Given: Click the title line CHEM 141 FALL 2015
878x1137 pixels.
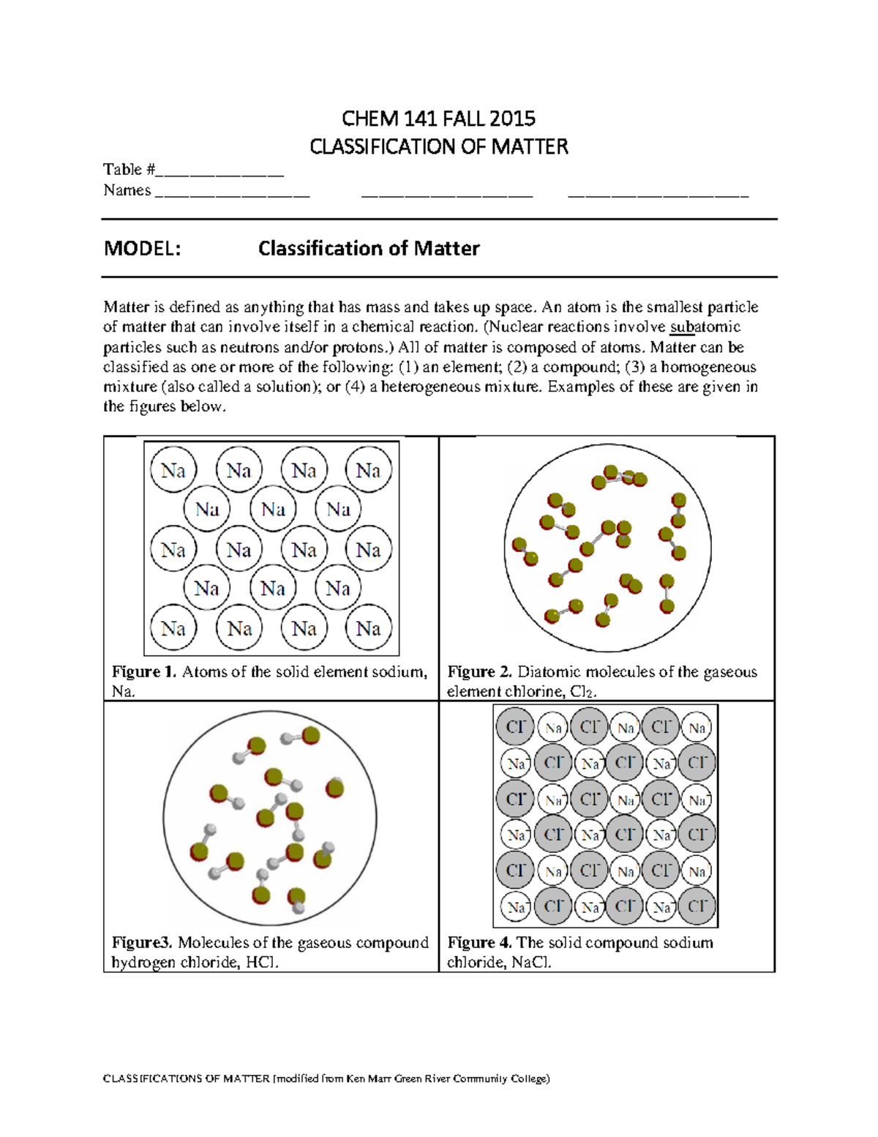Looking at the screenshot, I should [439, 118].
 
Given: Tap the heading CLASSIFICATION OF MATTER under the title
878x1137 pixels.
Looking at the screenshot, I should [439, 146].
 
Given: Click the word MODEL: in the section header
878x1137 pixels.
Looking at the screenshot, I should [142, 249].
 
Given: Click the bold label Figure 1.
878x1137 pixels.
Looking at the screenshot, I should [143, 672].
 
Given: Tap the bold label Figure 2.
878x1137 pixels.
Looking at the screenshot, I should [479, 672].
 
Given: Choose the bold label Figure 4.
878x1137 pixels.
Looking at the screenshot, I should [479, 943].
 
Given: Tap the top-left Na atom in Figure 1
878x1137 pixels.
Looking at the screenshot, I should [173, 471].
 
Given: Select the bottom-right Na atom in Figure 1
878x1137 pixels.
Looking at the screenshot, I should [369, 629].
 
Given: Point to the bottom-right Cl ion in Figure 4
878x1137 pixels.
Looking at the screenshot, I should [697, 906].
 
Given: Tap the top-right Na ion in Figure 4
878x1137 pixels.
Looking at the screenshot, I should [697, 728].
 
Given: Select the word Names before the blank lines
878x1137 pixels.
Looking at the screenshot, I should [127, 190].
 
